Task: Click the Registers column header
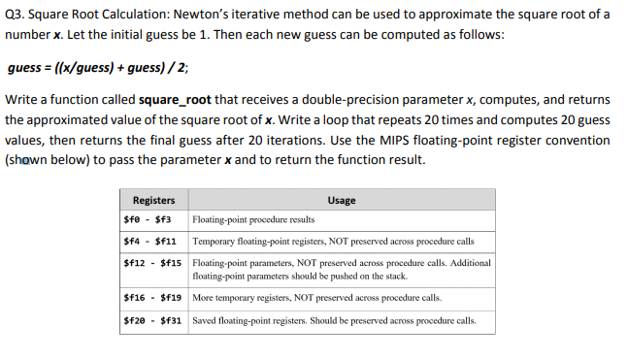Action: pyautogui.click(x=153, y=200)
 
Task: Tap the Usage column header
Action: pyautogui.click(x=341, y=200)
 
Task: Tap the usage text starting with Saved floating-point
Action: pyautogui.click(x=335, y=320)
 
